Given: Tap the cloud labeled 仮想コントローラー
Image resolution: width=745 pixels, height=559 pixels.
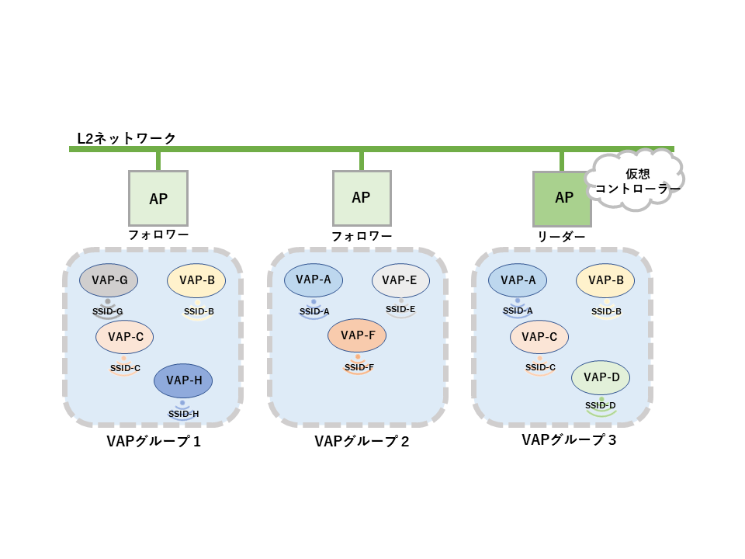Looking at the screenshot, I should point(635,182).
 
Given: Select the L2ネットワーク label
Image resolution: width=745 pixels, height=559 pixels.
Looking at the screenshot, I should point(126,138).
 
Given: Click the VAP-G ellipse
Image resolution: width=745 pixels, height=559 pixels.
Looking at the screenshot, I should point(109,279).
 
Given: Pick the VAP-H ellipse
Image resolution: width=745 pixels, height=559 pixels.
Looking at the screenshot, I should point(183,380).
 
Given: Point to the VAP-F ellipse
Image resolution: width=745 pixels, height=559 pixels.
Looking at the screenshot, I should point(357,335).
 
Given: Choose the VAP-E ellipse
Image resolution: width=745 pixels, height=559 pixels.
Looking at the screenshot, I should point(400,280).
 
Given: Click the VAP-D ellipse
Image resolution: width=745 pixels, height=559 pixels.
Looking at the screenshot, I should point(601,377).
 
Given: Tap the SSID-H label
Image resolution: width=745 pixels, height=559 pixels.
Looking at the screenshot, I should point(184,414).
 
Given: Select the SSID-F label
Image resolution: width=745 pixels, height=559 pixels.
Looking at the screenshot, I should point(359,367).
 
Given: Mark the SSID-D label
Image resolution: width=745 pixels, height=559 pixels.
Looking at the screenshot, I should point(601,405).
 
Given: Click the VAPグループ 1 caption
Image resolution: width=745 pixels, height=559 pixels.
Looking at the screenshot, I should point(154,442).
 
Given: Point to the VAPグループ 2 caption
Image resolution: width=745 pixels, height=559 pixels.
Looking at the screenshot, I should point(362,442).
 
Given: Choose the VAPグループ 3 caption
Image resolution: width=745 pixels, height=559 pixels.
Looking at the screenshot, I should point(569,440).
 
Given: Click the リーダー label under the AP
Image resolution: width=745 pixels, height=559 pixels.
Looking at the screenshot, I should point(562,237).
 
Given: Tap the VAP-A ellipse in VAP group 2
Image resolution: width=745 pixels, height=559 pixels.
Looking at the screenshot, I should point(314,280).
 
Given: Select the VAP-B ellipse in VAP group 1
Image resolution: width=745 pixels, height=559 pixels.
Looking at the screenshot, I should point(196,280).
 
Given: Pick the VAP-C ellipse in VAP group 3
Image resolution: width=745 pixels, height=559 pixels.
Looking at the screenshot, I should point(539,337).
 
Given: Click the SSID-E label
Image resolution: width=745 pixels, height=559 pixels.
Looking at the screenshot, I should point(400,309).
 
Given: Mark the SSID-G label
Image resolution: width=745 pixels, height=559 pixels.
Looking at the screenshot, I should point(108,311).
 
